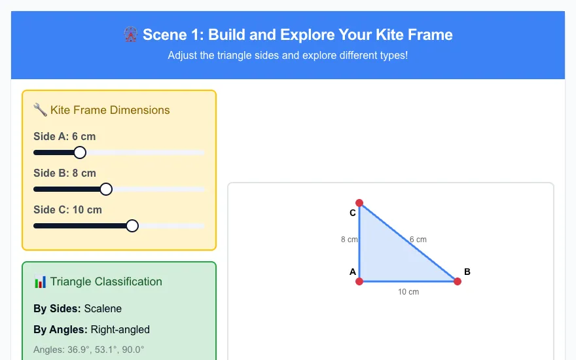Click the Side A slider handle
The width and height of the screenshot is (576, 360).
(x=80, y=153)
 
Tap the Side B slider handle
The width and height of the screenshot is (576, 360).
(x=106, y=189)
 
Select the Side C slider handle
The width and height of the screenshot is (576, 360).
(x=132, y=226)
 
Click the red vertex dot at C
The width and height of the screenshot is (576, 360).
(x=359, y=203)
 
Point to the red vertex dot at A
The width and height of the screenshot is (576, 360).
(x=359, y=281)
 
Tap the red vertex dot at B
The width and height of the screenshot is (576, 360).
(x=458, y=281)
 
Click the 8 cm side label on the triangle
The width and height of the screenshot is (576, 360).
(x=349, y=240)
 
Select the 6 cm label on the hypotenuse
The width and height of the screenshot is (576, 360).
(x=418, y=240)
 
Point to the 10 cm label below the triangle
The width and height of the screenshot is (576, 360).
(x=408, y=292)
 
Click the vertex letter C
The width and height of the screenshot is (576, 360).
(x=353, y=213)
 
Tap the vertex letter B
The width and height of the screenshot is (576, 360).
(x=467, y=272)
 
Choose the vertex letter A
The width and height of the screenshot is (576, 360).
(x=353, y=272)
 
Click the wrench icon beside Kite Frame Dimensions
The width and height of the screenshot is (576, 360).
(x=40, y=110)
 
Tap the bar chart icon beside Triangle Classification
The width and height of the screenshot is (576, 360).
(x=40, y=281)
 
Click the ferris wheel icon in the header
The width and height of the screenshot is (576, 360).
(x=130, y=35)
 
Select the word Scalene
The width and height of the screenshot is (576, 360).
(x=103, y=308)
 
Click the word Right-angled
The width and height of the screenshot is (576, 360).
(x=120, y=329)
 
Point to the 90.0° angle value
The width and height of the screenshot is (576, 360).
(x=133, y=350)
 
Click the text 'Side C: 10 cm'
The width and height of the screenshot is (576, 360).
(x=67, y=209)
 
